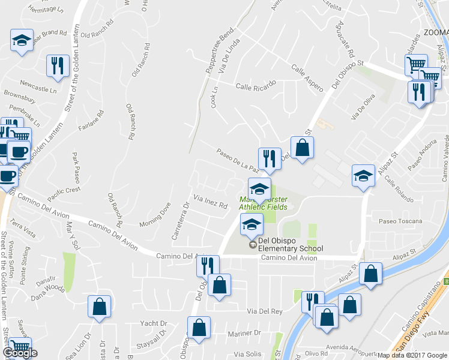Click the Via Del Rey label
(x=265, y=311)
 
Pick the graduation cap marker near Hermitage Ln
(x=22, y=41)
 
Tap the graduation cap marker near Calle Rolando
(x=363, y=176)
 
